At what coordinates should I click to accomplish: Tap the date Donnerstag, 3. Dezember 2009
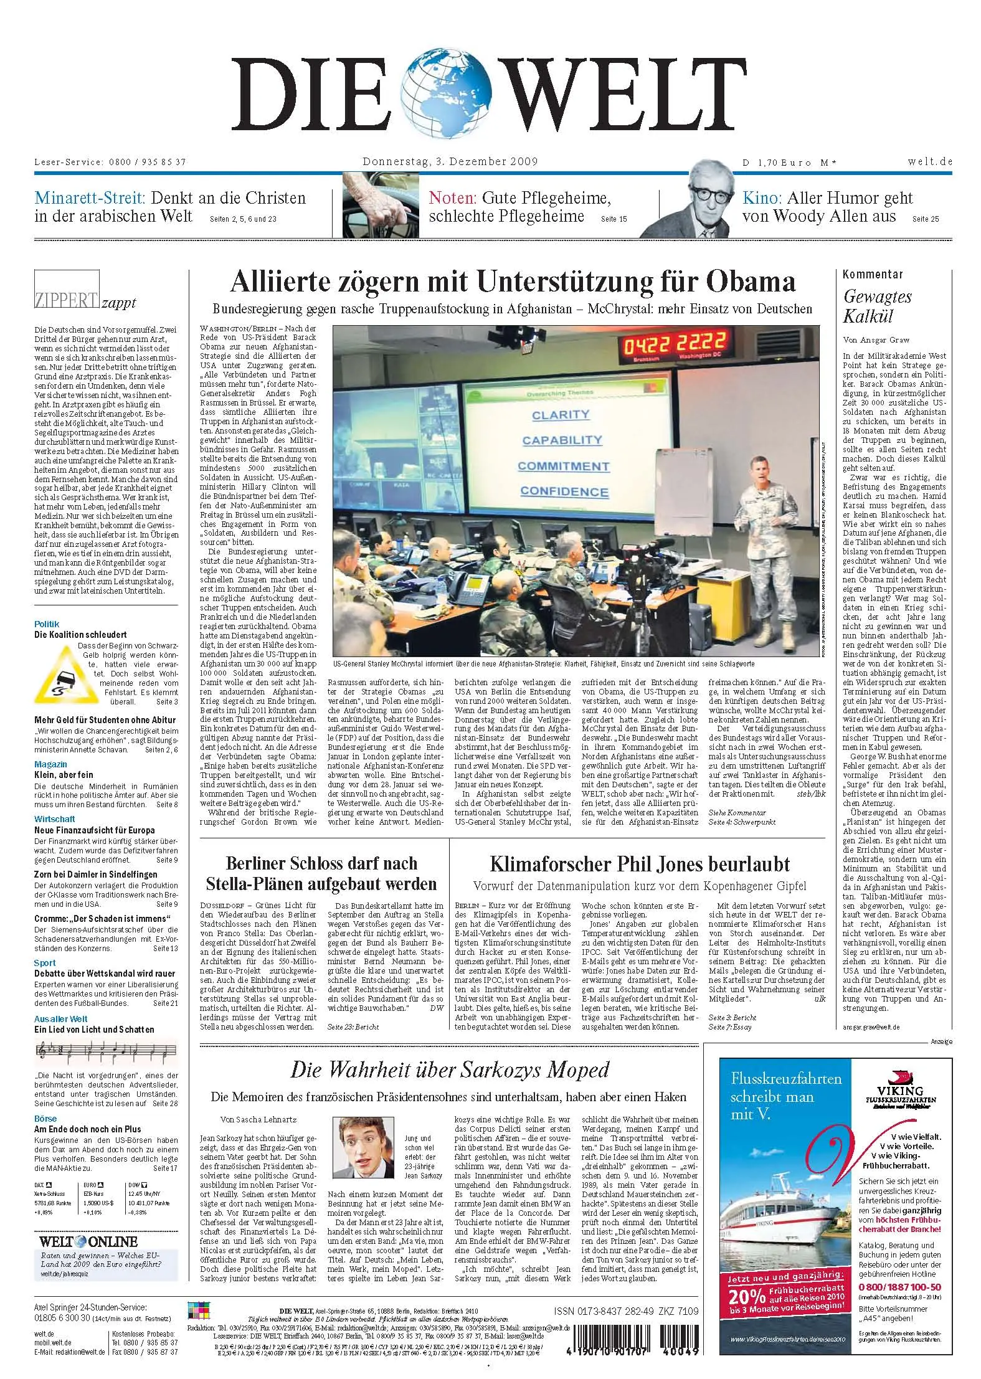(450, 162)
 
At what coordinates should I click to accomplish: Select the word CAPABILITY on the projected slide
(562, 440)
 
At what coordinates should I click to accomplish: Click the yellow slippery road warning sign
(55, 674)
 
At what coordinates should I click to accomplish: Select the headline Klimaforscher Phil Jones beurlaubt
(640, 864)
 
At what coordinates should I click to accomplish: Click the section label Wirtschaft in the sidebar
(55, 819)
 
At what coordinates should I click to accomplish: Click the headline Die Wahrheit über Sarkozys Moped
(449, 1070)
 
